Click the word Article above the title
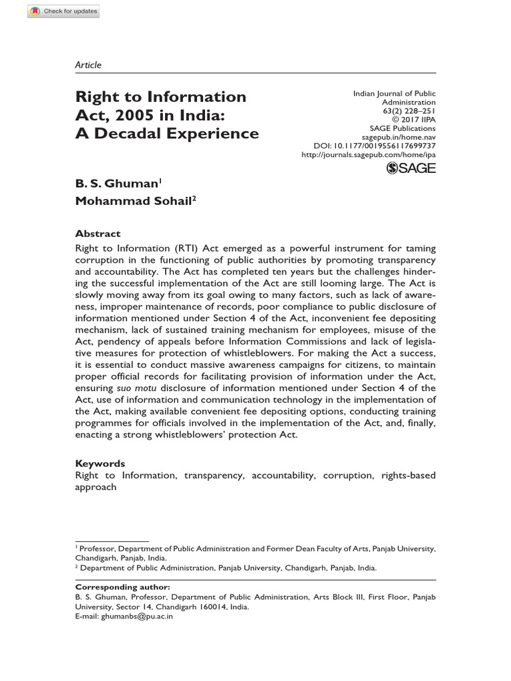tap(88, 65)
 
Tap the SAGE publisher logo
tap(411, 168)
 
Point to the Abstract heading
tap(98, 233)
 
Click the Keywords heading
tap(100, 463)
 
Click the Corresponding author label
tap(122, 587)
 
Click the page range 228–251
tap(417, 111)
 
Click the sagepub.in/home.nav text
tap(399, 136)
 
